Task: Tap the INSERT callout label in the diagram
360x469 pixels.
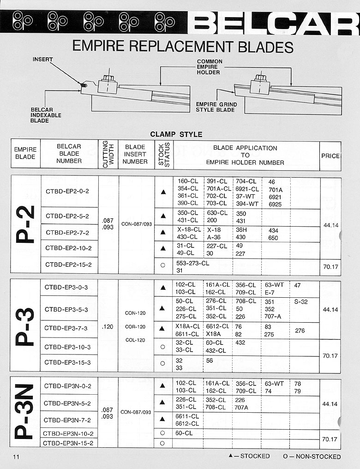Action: pos(43,60)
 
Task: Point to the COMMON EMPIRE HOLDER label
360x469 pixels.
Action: pos(209,67)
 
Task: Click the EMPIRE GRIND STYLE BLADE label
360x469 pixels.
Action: pos(216,107)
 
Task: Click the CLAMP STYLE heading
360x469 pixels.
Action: pos(176,134)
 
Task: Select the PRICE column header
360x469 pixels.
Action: pos(330,156)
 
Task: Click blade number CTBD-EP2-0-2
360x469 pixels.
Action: pos(67,192)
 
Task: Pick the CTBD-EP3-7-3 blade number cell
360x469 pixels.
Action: pos(66,328)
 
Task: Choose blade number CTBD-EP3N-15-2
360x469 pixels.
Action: pos(68,443)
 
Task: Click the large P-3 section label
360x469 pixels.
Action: pos(25,326)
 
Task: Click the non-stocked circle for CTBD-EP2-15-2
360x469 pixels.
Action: pos(162,265)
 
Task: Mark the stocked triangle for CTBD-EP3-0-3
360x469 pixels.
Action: pos(163,288)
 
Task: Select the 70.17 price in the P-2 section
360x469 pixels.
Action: pos(331,266)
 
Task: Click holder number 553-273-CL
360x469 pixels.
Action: pos(193,263)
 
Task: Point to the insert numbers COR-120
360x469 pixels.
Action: pos(135,327)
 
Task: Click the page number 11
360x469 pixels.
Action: pos(16,457)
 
